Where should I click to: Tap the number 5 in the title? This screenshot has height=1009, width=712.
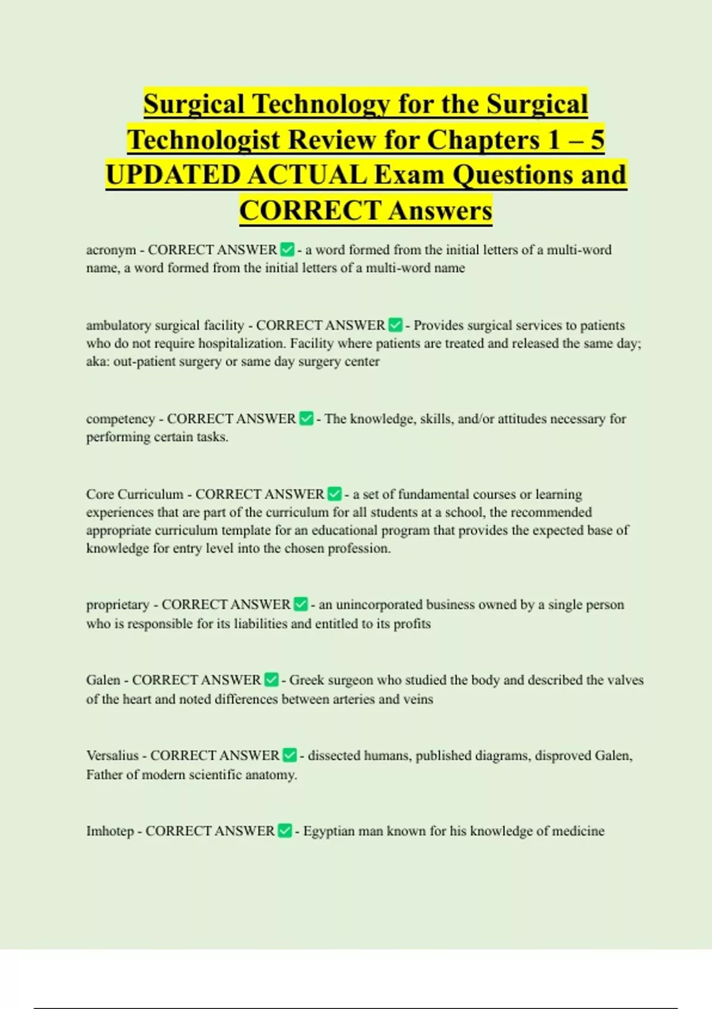[x=596, y=139]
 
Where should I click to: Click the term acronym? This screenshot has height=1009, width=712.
[x=111, y=250]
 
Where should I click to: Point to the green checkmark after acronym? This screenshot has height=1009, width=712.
[x=287, y=250]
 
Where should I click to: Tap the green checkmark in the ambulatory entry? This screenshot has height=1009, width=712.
[x=395, y=325]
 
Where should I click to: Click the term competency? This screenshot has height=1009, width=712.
[x=120, y=419]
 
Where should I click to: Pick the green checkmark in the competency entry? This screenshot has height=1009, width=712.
[x=306, y=419]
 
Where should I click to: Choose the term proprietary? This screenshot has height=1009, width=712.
[x=117, y=605]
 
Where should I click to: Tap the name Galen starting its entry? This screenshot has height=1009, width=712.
[x=103, y=680]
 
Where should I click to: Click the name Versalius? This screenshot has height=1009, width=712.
[x=112, y=756]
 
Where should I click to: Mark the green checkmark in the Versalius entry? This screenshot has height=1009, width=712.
[x=290, y=756]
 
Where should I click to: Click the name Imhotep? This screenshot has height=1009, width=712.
[x=110, y=831]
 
